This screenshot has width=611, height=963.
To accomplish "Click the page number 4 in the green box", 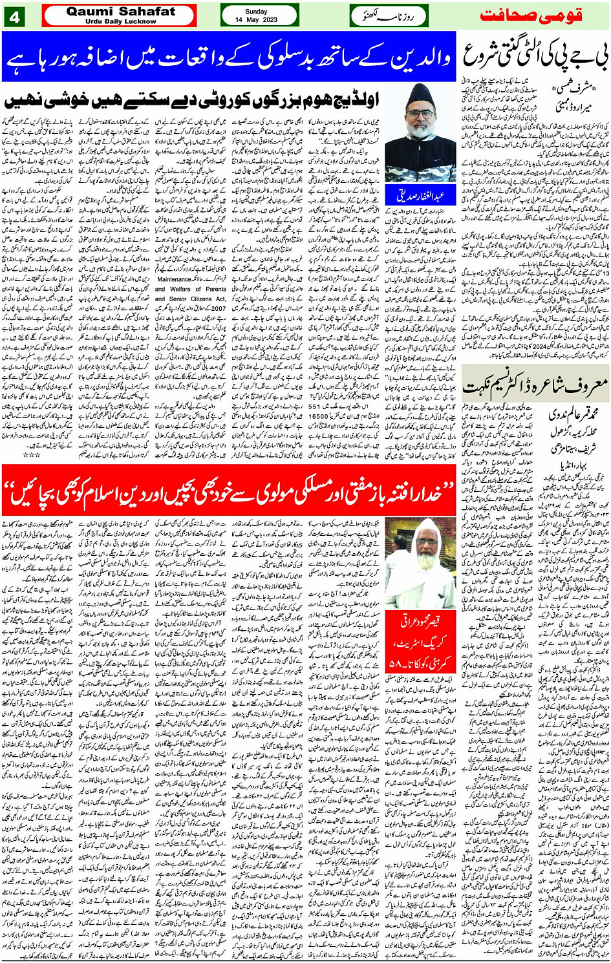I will click(x=14, y=17).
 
